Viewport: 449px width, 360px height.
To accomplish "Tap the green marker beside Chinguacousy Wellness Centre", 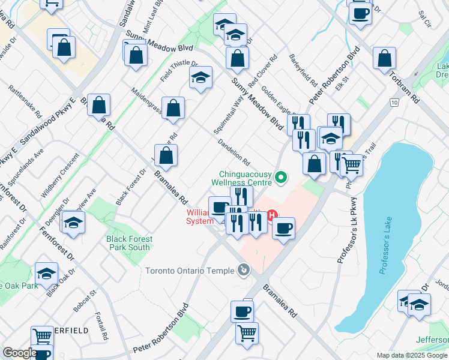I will tap(280, 178).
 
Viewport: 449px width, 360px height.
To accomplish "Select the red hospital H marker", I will tap(272, 214).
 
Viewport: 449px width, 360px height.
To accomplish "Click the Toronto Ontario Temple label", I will tap(190, 271).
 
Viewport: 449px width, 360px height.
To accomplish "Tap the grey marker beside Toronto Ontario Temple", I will tap(243, 271).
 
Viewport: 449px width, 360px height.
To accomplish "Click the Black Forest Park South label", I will tap(129, 243).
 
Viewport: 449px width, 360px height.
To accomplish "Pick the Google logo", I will tap(19, 353).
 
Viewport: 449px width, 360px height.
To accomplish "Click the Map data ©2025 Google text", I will tap(412, 355).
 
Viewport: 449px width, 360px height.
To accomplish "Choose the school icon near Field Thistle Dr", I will tap(201, 77).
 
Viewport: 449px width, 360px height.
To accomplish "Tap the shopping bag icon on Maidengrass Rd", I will tap(173, 109).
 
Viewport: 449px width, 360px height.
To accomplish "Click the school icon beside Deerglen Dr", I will tap(73, 222).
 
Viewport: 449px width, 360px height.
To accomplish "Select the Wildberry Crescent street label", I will tap(60, 176).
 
